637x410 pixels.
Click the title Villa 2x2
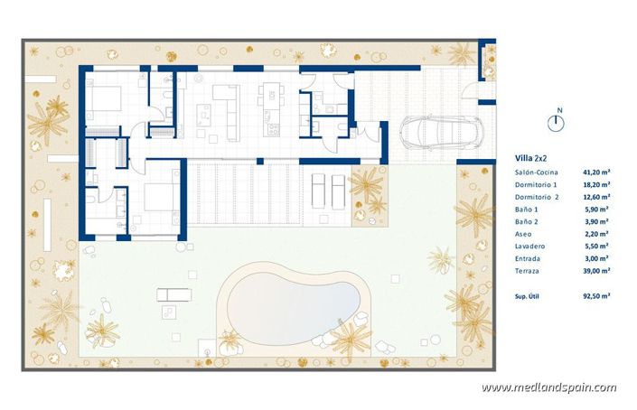[x=530, y=157]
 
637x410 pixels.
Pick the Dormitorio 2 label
[x=538, y=196]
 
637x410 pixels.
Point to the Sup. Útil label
[x=528, y=294]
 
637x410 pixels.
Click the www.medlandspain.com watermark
[x=548, y=388]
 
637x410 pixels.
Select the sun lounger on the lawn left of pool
[x=173, y=294]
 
